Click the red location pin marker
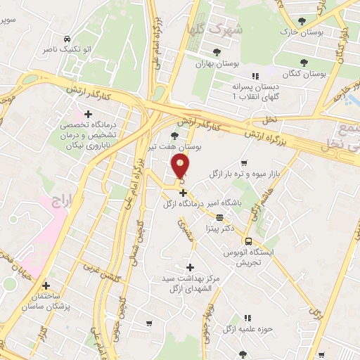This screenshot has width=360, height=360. pyautogui.click(x=181, y=167)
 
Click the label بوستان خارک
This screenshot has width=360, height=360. pyautogui.click(x=299, y=32)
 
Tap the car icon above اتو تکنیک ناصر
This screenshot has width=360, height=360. pyautogui.click(x=66, y=39)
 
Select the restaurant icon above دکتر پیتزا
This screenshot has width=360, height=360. pyautogui.click(x=219, y=217)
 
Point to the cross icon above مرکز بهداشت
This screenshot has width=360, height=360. pyautogui.click(x=190, y=267)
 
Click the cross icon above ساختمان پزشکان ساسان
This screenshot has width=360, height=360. pyautogui.click(x=46, y=286)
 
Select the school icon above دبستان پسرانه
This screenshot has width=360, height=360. pyautogui.click(x=255, y=75)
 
